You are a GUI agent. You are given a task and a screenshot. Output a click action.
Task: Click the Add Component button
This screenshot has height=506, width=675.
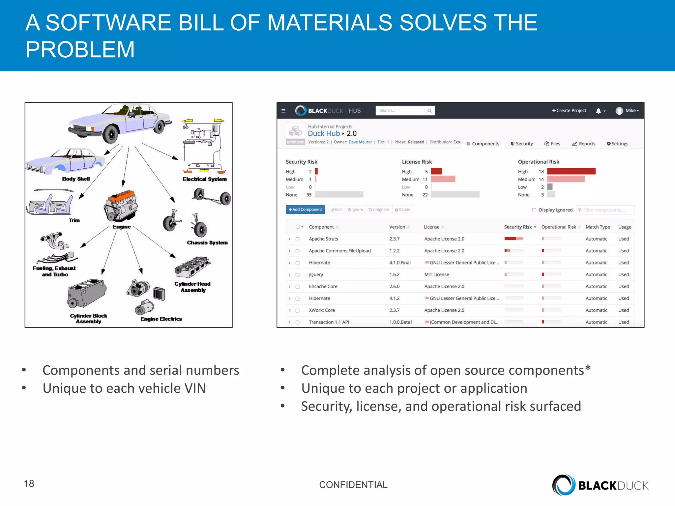tap(305, 210)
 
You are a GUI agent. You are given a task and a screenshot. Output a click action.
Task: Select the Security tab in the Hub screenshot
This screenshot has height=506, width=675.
tap(522, 144)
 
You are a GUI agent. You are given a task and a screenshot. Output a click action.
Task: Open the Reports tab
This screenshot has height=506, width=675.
tap(583, 144)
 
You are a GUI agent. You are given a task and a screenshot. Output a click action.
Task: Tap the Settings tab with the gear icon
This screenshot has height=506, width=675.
tap(617, 144)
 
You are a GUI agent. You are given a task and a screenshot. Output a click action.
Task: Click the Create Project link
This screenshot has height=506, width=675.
tap(569, 111)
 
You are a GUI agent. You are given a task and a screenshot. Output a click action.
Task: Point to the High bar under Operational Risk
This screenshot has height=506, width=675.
tap(571, 171)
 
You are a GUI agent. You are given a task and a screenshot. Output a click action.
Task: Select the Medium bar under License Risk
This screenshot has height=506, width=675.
tap(443, 179)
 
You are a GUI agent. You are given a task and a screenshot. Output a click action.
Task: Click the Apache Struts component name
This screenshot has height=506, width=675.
tap(323, 239)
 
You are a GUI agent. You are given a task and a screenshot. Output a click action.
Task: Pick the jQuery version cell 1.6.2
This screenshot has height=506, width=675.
tap(394, 274)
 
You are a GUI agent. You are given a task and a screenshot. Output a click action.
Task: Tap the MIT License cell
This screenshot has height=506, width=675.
tap(436, 274)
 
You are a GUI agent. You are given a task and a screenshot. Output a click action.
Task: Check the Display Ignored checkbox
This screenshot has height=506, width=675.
tap(534, 210)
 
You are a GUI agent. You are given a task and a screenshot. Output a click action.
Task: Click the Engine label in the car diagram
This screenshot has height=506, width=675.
tap(121, 227)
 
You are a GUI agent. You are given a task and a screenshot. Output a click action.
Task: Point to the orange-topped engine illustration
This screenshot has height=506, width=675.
tap(121, 206)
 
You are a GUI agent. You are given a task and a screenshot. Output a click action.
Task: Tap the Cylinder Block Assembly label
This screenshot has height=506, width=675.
tap(88, 319)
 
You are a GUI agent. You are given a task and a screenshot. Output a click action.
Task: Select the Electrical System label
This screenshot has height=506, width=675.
tap(204, 179)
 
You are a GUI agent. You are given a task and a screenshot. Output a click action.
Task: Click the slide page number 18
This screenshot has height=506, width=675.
tap(29, 483)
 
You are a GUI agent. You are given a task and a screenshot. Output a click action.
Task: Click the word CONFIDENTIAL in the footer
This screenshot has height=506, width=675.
tap(353, 485)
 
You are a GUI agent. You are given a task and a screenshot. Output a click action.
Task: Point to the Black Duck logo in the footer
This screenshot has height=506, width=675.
tap(600, 485)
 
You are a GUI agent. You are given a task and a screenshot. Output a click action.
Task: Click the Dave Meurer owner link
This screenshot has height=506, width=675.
tap(360, 142)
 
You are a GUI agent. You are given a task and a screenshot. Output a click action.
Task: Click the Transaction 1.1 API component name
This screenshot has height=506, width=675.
tap(329, 322)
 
